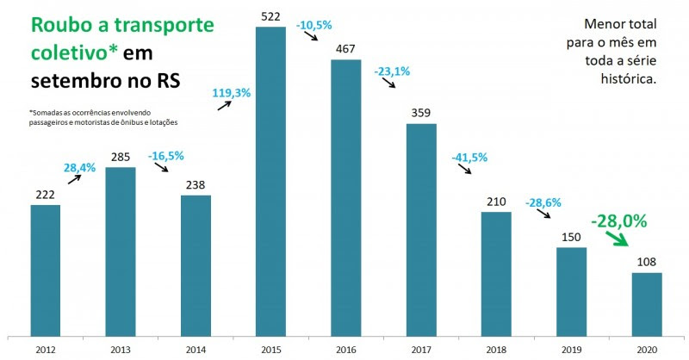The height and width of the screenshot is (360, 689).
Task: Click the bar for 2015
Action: pyautogui.click(x=270, y=181)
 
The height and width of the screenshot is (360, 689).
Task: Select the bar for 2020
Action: pyautogui.click(x=647, y=303)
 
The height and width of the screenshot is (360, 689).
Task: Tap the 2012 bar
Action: pyautogui.click(x=45, y=270)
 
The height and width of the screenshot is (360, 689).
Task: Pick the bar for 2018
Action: pyautogui.click(x=496, y=273)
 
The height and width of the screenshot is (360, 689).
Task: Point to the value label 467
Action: pyautogui.click(x=345, y=49)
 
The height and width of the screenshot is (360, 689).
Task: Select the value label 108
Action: pyautogui.click(x=647, y=263)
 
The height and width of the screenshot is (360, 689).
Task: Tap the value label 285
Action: pyautogui.click(x=121, y=157)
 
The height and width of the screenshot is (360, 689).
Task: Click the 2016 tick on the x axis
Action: pyautogui.click(x=345, y=350)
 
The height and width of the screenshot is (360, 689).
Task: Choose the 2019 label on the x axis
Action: pyautogui.click(x=571, y=350)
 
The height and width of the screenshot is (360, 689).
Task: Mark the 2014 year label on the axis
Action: pyautogui.click(x=196, y=350)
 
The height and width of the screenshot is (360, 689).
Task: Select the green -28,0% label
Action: pyautogui.click(x=618, y=220)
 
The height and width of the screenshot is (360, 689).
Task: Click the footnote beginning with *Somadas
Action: pyautogui.click(x=95, y=117)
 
